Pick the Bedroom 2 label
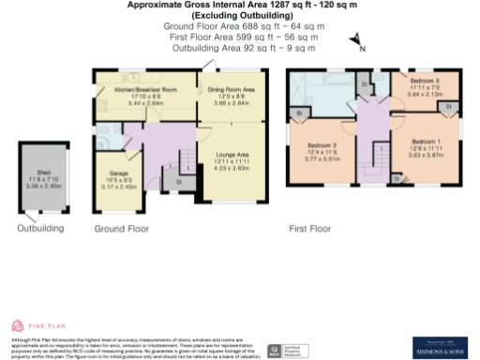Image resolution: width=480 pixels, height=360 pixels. click(322, 146)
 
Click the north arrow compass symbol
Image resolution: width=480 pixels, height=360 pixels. click(356, 40)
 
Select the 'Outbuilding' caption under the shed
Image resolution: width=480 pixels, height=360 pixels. click(41, 228)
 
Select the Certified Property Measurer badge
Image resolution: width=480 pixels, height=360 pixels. click(294, 350)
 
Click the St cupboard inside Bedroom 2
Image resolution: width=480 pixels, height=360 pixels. click(300, 114)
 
